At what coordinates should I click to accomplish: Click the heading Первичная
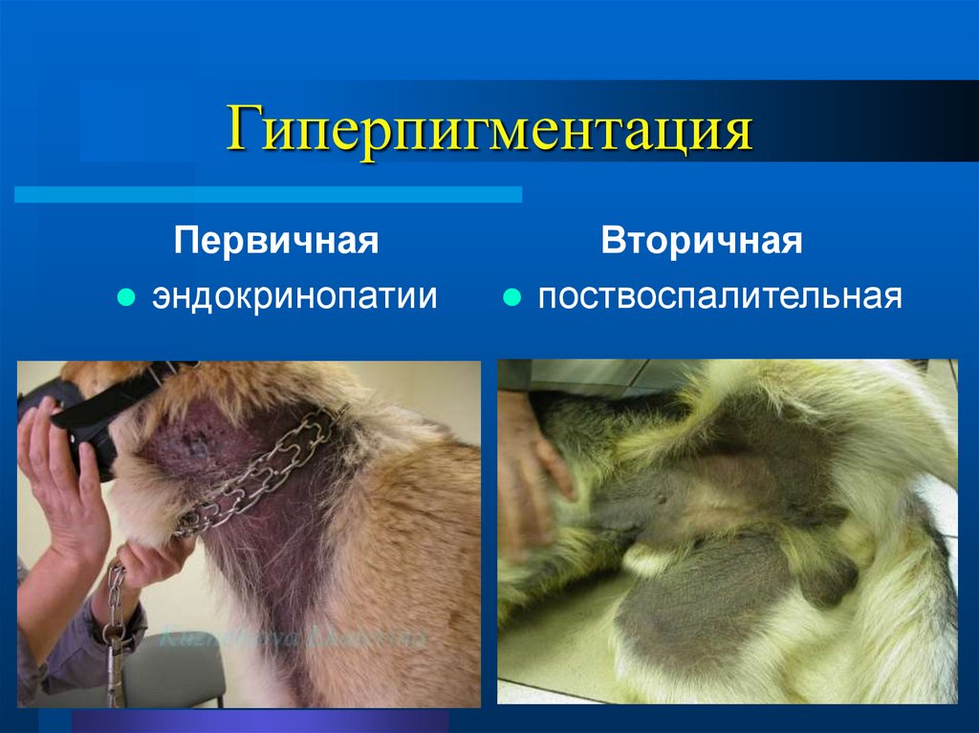tap(276, 241)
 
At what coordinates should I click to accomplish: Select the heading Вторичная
tap(702, 241)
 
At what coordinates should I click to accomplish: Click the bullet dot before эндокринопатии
tap(124, 297)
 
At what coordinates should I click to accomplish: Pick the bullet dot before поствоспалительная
tap(511, 297)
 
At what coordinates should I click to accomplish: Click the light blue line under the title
tap(268, 195)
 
